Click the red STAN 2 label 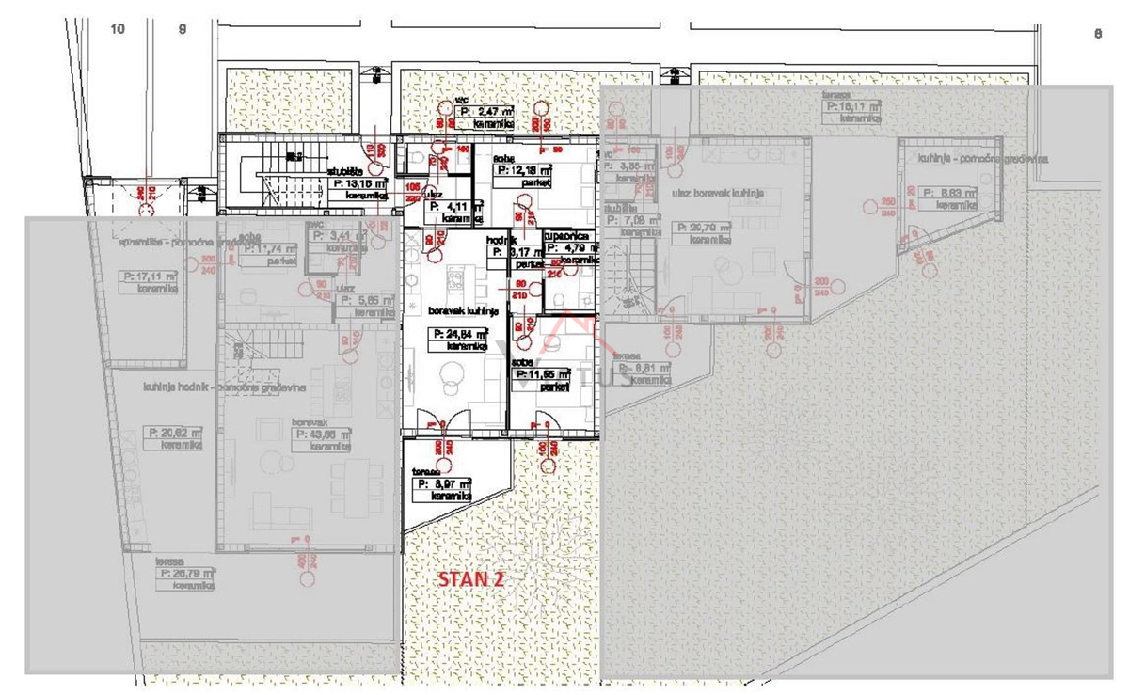click(470, 579)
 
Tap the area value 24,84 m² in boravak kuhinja click(460, 334)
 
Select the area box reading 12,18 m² click(524, 171)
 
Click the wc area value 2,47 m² click(485, 111)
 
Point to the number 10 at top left click(118, 29)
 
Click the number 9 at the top click(183, 29)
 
